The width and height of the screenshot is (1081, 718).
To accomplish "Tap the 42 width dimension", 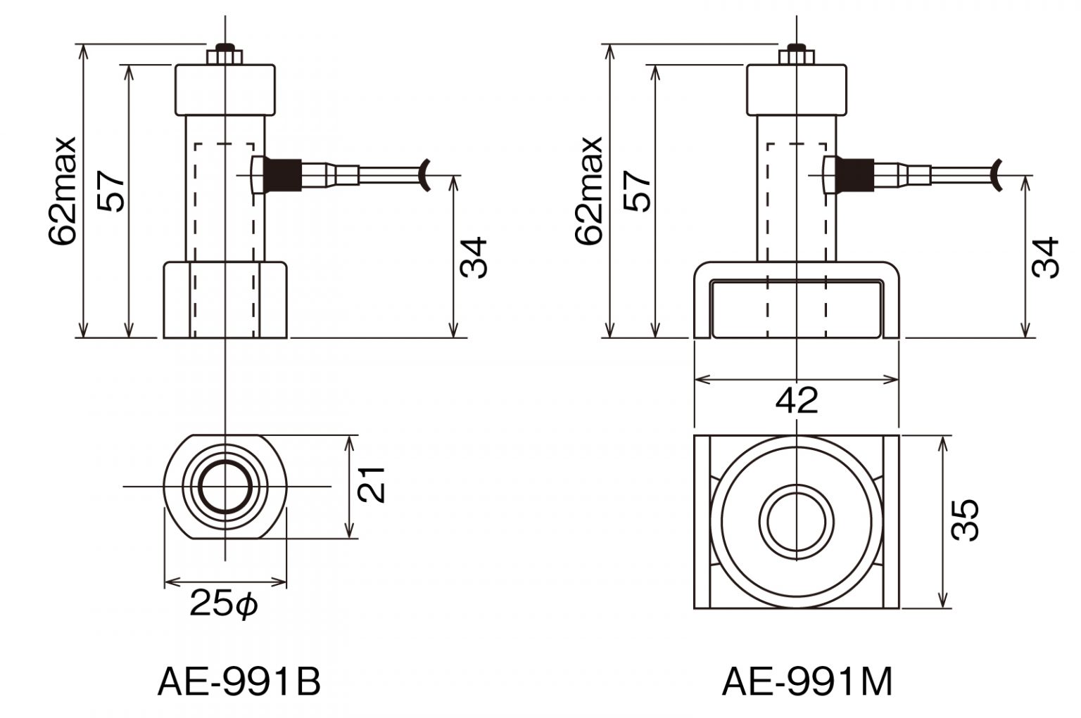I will [797, 401].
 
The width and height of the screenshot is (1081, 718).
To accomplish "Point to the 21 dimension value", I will [371, 484].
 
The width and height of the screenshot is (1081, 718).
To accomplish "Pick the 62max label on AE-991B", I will [63, 190].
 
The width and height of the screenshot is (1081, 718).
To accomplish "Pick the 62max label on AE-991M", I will [589, 190].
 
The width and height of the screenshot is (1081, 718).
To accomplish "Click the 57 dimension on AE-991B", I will [112, 190].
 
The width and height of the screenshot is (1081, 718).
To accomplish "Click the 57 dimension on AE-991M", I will [638, 190].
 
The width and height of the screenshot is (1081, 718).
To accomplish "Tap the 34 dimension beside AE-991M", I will [1045, 258].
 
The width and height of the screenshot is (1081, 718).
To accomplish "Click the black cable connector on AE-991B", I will [284, 174].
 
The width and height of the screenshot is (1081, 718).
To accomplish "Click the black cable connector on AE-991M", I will [856, 174].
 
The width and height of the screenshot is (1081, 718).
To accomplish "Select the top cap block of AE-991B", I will [225, 90].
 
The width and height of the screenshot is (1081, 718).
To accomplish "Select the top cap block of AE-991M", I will [796, 90].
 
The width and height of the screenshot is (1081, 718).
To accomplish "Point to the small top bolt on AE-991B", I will [225, 54].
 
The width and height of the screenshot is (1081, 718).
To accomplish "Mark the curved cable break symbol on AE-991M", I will [997, 174].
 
